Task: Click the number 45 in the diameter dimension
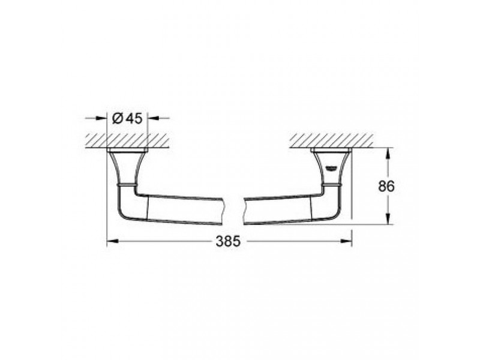[x=134, y=118]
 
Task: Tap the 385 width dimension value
[x=229, y=241]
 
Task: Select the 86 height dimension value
[x=386, y=186]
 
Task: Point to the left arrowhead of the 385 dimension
[x=112, y=241]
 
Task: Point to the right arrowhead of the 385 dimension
[x=346, y=241]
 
